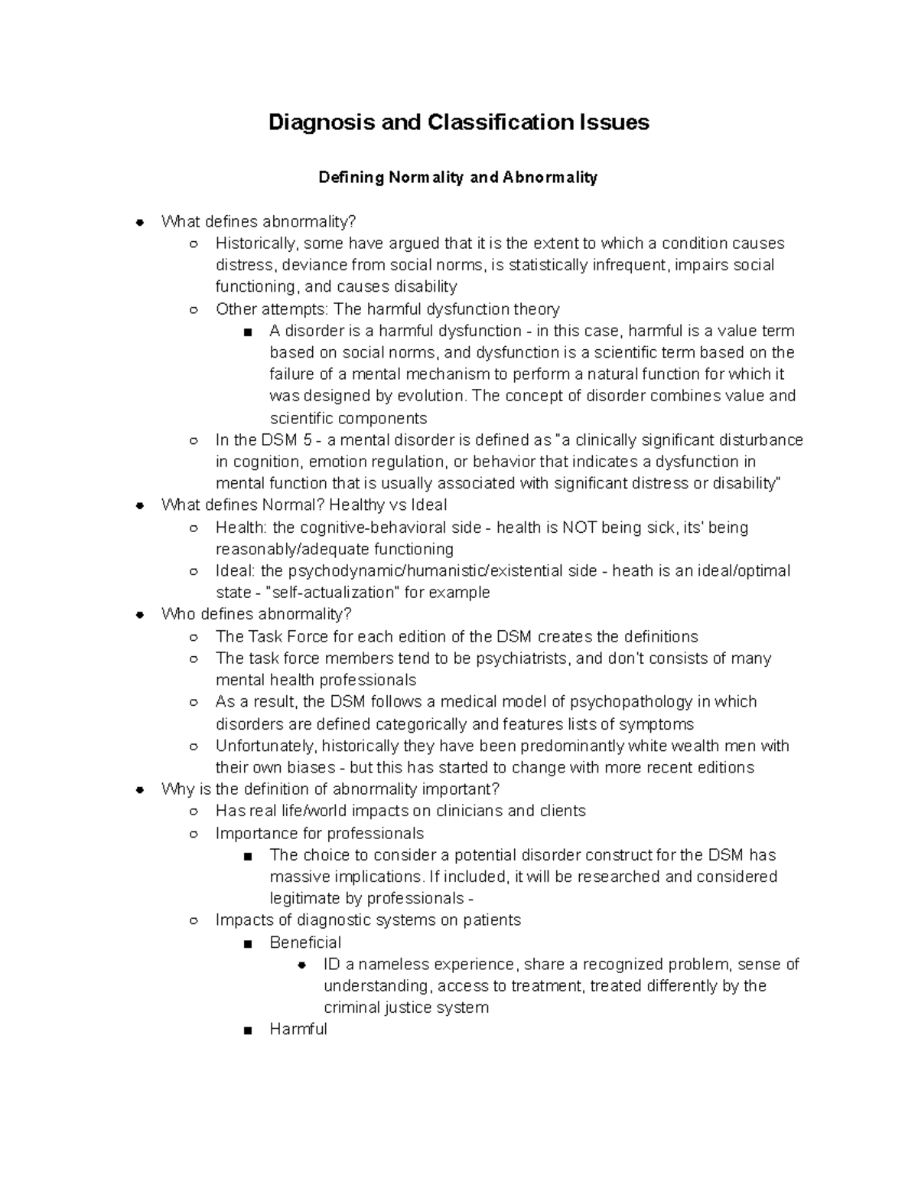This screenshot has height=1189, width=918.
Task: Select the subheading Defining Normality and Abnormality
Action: [457, 178]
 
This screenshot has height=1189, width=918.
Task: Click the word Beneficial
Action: [305, 942]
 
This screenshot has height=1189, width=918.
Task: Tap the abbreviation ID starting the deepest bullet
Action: [331, 964]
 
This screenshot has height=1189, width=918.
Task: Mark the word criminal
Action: [352, 1008]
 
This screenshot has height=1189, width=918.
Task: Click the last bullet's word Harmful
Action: [298, 1030]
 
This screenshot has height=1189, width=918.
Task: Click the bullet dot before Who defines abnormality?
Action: [139, 615]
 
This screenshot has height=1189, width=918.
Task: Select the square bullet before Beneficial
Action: [246, 943]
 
